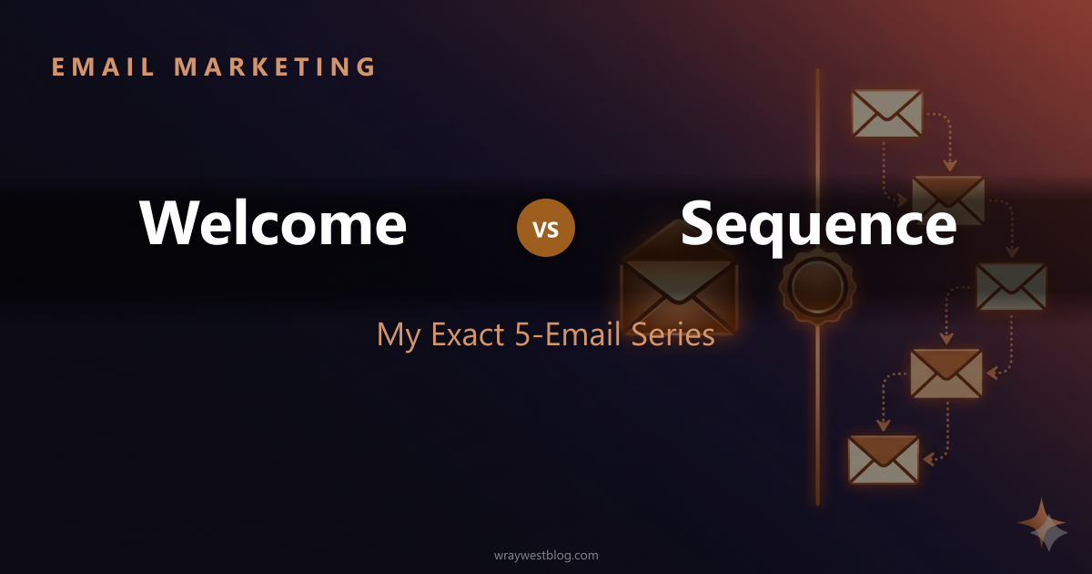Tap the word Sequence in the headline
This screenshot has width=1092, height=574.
click(x=818, y=223)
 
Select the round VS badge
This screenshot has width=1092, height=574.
click(x=546, y=228)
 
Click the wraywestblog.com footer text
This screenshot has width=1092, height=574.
click(x=545, y=555)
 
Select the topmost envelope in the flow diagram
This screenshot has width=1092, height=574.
click(x=886, y=114)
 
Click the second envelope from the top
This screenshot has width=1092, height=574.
click(x=948, y=200)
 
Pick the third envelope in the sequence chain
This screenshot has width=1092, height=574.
click(x=1011, y=286)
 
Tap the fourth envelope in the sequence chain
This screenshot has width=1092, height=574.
click(x=946, y=373)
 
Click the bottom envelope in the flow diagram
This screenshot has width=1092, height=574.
click(x=884, y=458)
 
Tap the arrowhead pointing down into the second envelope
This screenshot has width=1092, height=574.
click(x=950, y=166)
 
